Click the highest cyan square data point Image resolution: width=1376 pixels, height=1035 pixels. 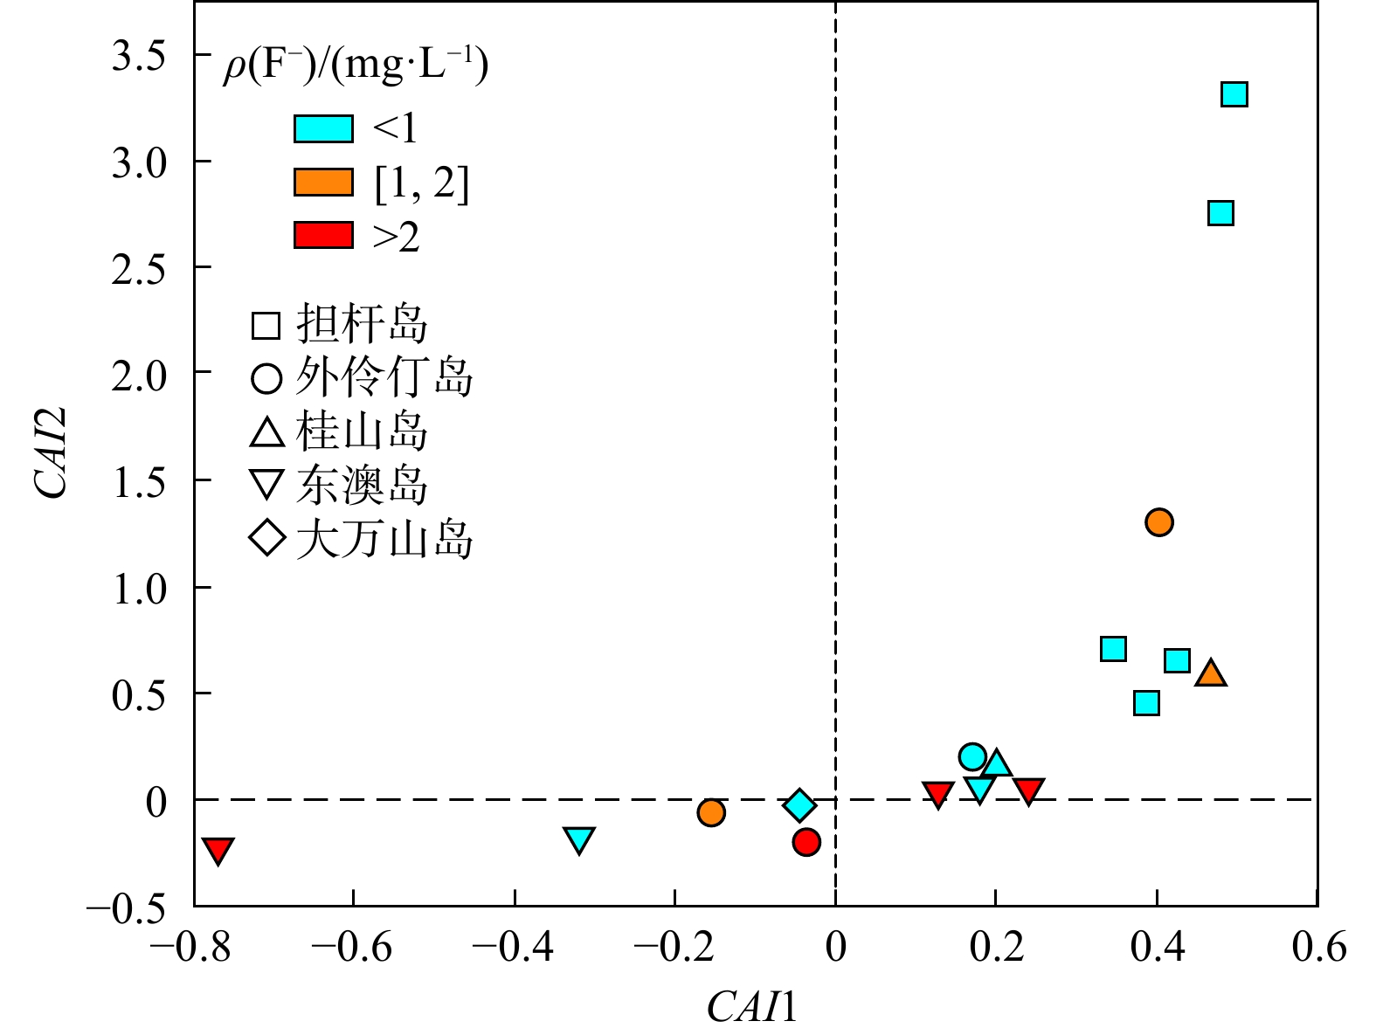pyautogui.click(x=1234, y=94)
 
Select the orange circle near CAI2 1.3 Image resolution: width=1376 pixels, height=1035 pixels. pyautogui.click(x=1158, y=522)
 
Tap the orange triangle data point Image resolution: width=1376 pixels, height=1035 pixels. pyautogui.click(x=1211, y=673)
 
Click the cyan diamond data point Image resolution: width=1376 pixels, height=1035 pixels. pyautogui.click(x=799, y=804)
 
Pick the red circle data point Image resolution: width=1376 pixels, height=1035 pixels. pyautogui.click(x=806, y=842)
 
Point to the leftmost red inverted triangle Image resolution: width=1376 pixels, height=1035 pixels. pyautogui.click(x=218, y=849)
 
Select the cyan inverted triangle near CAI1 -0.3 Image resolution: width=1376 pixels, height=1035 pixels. pyautogui.click(x=579, y=839)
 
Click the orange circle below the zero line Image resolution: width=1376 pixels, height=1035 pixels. pyautogui.click(x=711, y=812)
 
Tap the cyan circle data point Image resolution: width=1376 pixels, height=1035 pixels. pyautogui.click(x=972, y=756)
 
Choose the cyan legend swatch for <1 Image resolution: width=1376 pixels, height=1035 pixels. pyautogui.click(x=323, y=128)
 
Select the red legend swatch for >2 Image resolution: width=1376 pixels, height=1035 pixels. pyautogui.click(x=323, y=236)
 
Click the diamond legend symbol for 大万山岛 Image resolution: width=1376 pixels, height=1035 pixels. pyautogui.click(x=266, y=538)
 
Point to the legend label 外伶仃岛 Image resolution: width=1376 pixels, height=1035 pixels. pyautogui.click(x=384, y=377)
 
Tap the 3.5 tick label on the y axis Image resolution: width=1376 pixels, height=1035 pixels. pyautogui.click(x=139, y=57)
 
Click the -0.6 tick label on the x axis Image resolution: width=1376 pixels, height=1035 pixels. pyautogui.click(x=352, y=947)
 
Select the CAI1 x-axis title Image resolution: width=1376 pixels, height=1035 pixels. pyautogui.click(x=751, y=1006)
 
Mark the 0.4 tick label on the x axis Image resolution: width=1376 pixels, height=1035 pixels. pyautogui.click(x=1157, y=947)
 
